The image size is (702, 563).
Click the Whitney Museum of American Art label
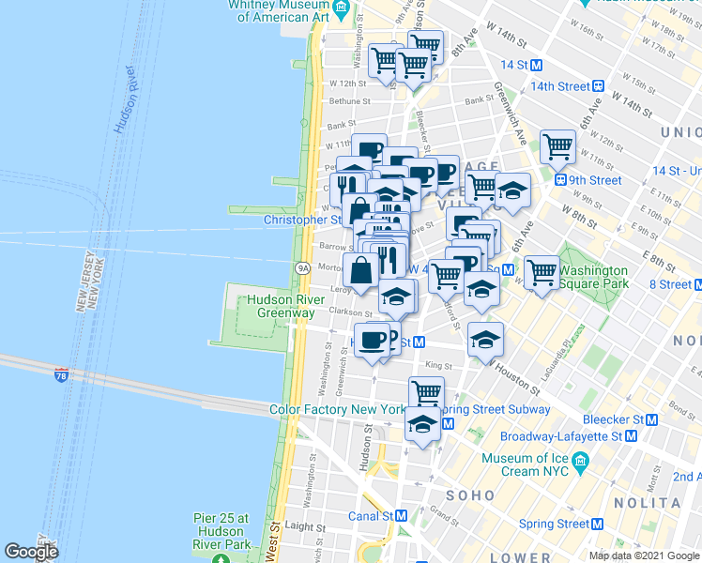coord(280,11)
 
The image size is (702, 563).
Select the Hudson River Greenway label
coord(281,307)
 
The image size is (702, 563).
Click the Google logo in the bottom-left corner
coord(31,552)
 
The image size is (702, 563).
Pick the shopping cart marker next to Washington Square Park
coord(542,272)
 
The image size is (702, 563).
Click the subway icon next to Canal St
coord(401,516)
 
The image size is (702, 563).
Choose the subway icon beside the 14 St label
coord(537,66)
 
